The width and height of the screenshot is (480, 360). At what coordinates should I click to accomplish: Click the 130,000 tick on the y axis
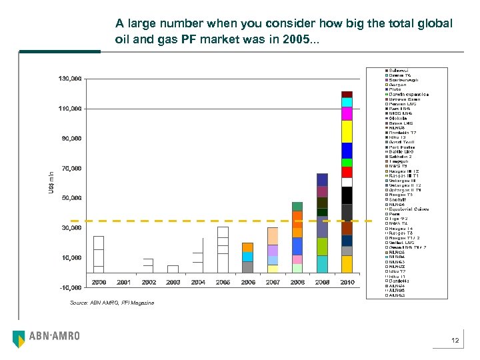71,79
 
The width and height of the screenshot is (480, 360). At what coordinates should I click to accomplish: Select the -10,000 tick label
71,287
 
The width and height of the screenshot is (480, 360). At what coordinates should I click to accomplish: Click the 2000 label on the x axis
99,283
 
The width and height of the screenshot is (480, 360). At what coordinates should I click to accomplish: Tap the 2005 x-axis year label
223,283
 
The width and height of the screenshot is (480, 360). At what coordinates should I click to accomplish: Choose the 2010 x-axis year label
347,283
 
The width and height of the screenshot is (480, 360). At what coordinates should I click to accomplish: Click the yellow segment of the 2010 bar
347,131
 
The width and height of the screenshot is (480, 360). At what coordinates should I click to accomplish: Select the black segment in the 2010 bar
347,195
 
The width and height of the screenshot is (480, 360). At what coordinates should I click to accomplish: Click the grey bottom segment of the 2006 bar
247,267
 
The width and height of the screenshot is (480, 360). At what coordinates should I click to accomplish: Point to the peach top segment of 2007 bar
273,236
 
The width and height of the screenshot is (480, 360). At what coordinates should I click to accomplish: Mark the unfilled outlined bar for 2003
173,269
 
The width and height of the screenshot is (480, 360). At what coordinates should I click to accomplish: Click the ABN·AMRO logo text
54,336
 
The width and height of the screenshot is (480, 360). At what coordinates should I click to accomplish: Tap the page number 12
455,341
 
